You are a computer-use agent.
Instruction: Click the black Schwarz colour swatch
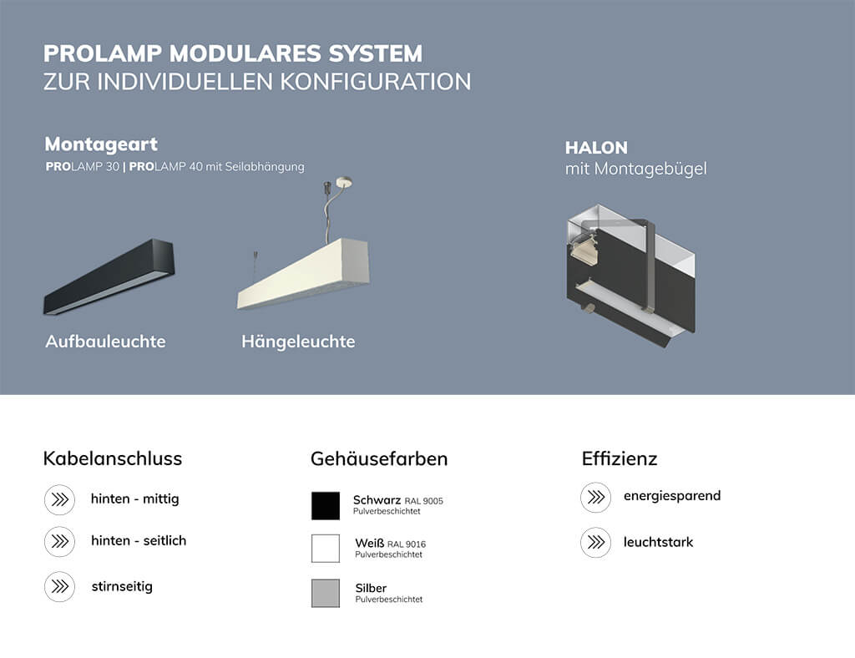tap(326, 505)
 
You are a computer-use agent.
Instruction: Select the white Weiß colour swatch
tap(326, 549)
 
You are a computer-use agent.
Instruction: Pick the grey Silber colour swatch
tap(326, 593)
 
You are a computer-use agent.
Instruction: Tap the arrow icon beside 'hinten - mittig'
tap(59, 499)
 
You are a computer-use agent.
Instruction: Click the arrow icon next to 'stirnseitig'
tap(59, 586)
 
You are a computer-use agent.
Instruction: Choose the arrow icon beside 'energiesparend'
tap(595, 497)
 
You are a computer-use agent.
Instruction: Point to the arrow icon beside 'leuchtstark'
tap(595, 543)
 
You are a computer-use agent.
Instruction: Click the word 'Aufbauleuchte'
tap(105, 342)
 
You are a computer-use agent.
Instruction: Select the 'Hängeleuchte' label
tap(298, 342)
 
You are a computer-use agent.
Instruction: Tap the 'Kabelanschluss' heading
tap(112, 458)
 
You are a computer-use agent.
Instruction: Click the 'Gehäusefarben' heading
tap(379, 458)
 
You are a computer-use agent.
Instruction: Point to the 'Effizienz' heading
tap(620, 458)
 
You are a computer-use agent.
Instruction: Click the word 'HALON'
tap(596, 148)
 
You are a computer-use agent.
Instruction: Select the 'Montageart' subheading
tap(101, 144)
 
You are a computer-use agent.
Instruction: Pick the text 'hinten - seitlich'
tap(139, 540)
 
